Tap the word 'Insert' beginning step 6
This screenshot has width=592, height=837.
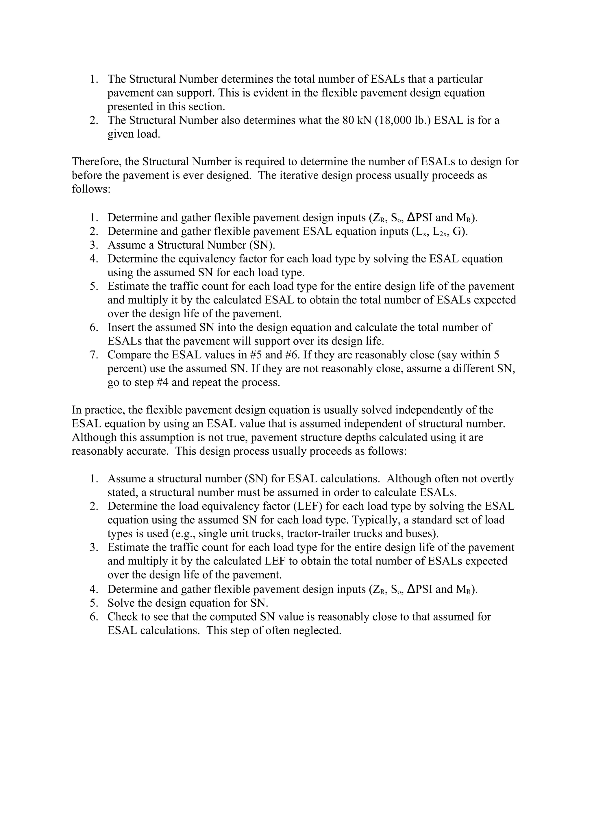123,327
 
